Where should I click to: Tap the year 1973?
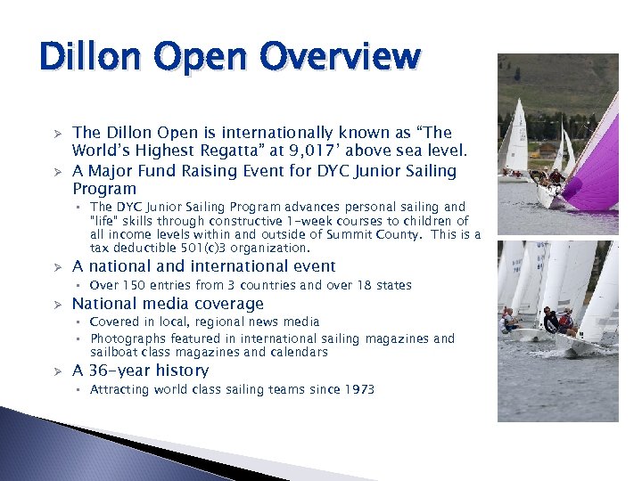point(358,389)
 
